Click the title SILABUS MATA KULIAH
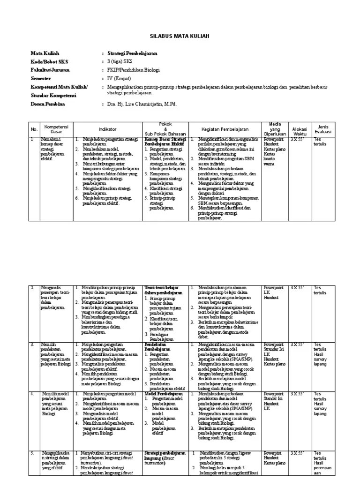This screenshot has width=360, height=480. (x=180, y=36)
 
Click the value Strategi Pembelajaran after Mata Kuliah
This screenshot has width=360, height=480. (x=132, y=54)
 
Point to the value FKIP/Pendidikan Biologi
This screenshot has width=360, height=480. (x=133, y=70)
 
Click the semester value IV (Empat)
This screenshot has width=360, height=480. (x=119, y=79)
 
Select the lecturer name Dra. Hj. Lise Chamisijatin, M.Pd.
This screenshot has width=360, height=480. (x=142, y=104)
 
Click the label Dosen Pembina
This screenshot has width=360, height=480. (x=48, y=104)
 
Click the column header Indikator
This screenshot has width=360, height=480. (x=107, y=129)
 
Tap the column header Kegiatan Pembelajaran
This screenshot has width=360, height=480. (x=225, y=129)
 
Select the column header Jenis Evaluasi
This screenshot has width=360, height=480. (x=323, y=129)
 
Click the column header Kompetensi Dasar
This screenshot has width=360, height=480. (x=56, y=129)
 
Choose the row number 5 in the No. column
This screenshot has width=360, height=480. (x=32, y=453)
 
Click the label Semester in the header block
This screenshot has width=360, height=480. (x=41, y=79)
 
